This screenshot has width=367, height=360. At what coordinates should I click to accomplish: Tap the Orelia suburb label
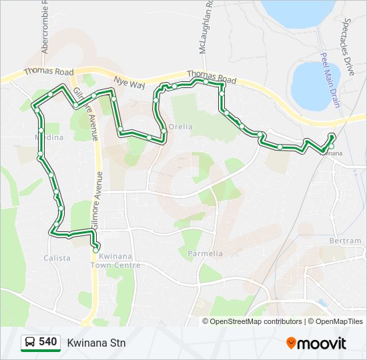pos(180,127)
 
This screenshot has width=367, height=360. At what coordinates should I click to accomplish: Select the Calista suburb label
pos(57,258)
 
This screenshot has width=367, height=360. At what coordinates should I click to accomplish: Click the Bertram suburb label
pos(345,241)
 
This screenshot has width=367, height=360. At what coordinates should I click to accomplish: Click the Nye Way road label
pos(129,83)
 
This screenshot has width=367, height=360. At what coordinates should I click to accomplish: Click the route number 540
pos(47,342)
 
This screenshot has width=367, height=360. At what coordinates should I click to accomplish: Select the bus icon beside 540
pos(30,343)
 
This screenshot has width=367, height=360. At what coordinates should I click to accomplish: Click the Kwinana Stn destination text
pos(96,343)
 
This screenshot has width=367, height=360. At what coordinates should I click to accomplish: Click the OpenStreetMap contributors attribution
pos(256,321)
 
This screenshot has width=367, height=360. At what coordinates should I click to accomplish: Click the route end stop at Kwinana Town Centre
pos(96,249)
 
